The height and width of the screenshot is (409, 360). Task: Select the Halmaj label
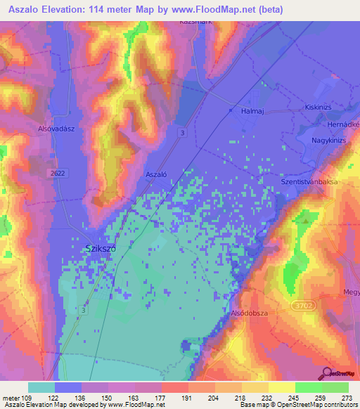pos(255,112)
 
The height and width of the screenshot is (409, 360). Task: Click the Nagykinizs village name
pos(333,141)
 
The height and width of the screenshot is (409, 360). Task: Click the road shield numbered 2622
pos(60,172)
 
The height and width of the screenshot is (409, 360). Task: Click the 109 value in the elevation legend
pos(27,398)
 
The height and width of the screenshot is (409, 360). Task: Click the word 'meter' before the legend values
pos(12,398)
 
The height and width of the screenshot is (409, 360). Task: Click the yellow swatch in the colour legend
pos(282,387)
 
